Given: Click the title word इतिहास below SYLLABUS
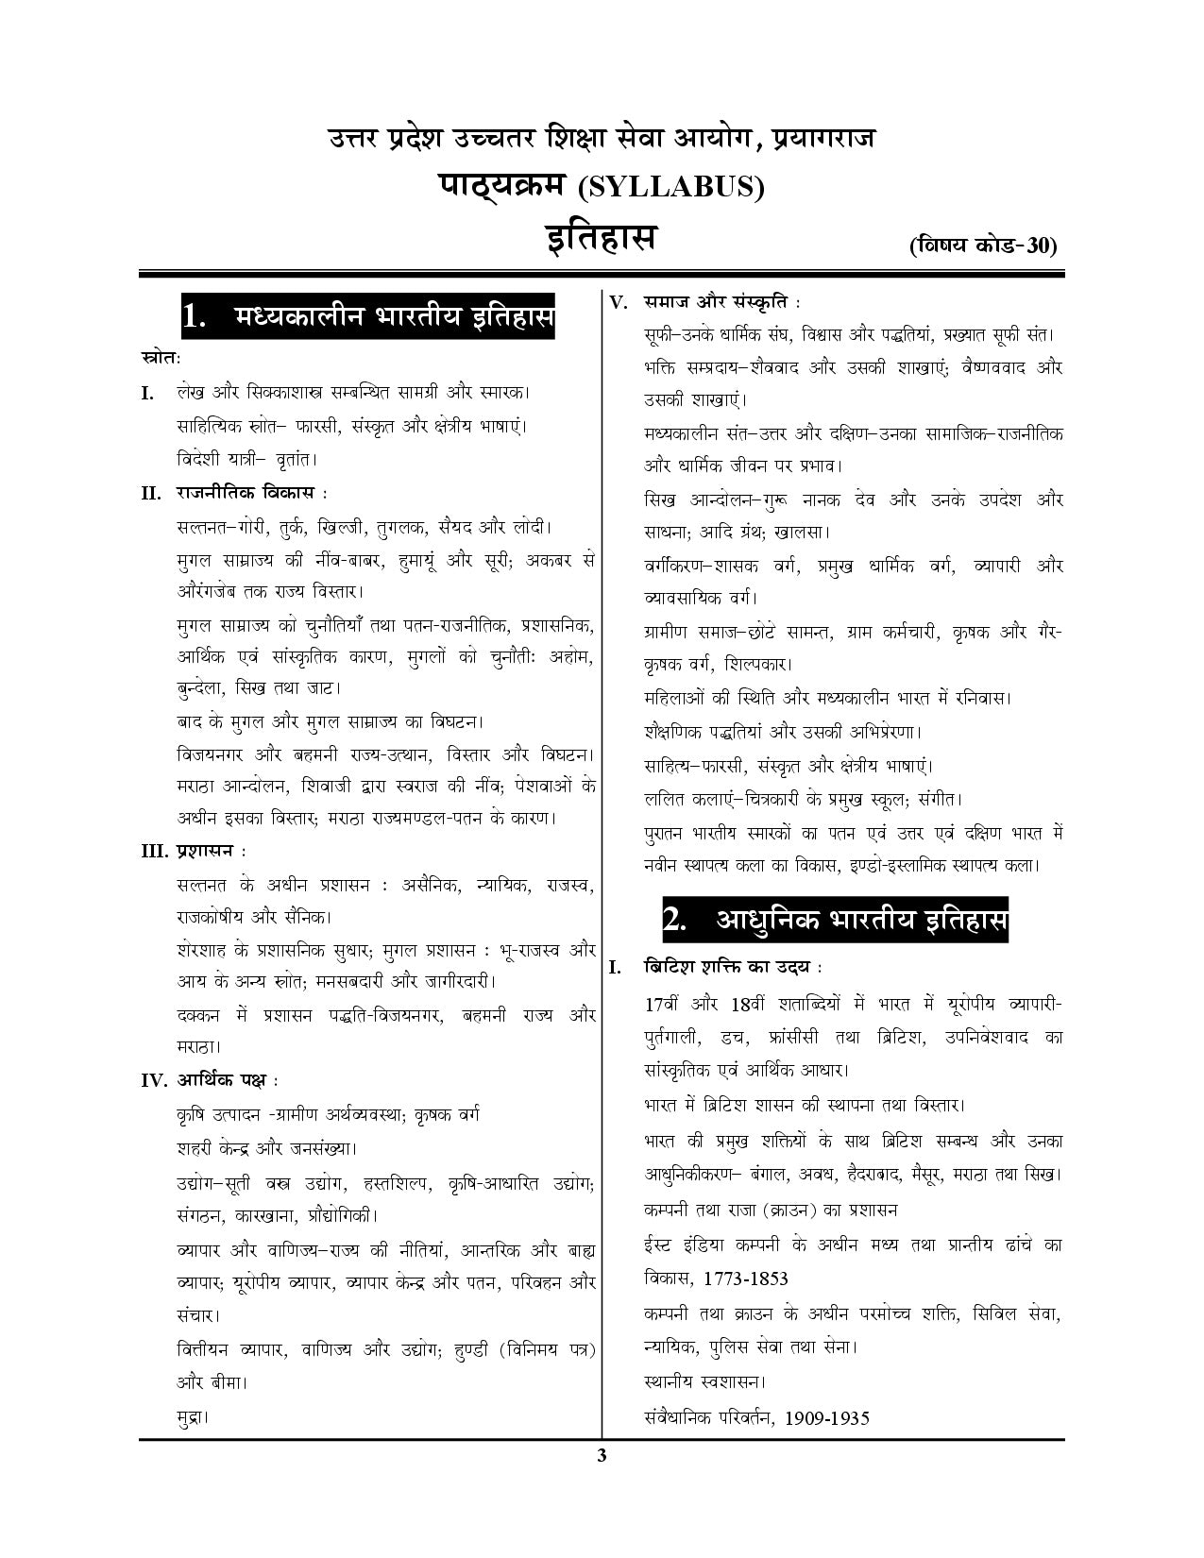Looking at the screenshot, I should (602, 236).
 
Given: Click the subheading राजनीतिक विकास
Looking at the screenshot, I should (247, 493).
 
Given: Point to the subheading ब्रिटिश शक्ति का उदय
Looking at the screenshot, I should (729, 968).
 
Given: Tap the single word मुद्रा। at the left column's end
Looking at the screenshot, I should (192, 1416).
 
